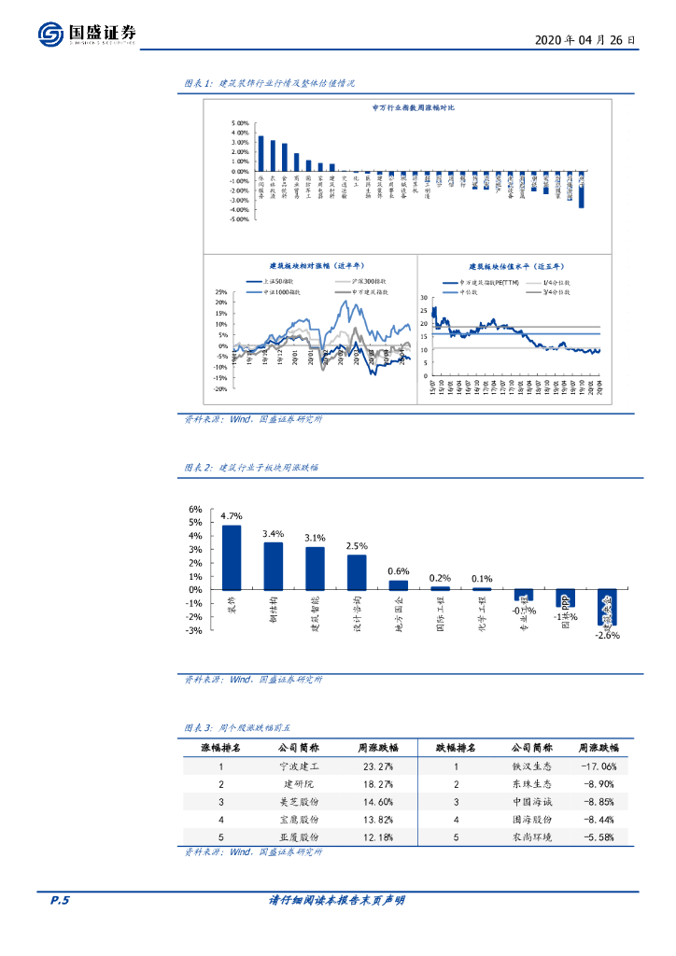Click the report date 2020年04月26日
click(x=586, y=41)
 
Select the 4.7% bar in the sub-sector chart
click(x=232, y=556)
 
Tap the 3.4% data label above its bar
click(x=274, y=534)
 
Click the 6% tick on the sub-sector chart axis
click(x=195, y=510)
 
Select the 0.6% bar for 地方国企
click(x=399, y=585)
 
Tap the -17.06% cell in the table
click(x=596, y=766)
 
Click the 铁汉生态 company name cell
click(x=519, y=766)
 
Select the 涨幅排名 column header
click(x=221, y=748)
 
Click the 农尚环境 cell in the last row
click(x=519, y=837)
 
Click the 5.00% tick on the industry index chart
click(x=238, y=123)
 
